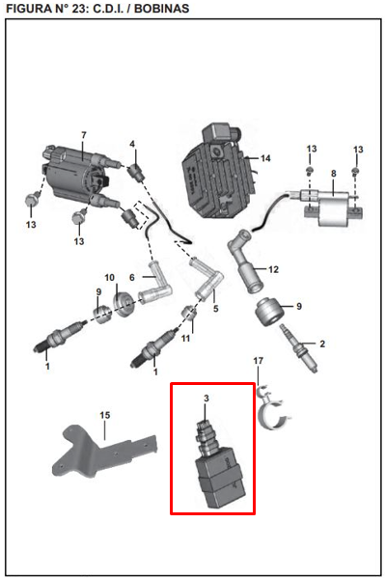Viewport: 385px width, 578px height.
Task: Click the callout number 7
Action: pyautogui.click(x=84, y=135)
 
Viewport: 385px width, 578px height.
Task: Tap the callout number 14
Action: pyautogui.click(x=265, y=158)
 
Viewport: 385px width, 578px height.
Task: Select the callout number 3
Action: pyautogui.click(x=206, y=399)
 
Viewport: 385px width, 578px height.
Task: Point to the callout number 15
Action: pyautogui.click(x=105, y=415)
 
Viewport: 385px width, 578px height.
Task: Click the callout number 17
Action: pyautogui.click(x=259, y=361)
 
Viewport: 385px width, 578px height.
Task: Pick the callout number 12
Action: pyautogui.click(x=273, y=269)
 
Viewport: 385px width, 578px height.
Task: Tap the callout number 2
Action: pyautogui.click(x=322, y=344)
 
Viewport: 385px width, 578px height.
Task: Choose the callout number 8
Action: pyautogui.click(x=333, y=174)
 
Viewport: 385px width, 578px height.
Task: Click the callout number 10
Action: pyautogui.click(x=110, y=278)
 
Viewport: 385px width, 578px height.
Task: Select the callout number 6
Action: pyautogui.click(x=132, y=278)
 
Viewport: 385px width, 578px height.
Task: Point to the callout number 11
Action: pyautogui.click(x=185, y=338)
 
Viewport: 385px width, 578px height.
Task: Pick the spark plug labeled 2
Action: pyautogui.click(x=299, y=348)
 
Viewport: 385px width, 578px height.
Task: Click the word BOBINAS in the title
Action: pyautogui.click(x=161, y=8)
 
